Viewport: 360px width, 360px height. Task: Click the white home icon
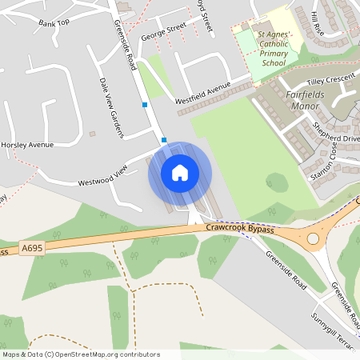coord(180,172)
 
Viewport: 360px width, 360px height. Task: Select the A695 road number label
coord(31,249)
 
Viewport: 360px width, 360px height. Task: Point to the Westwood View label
coord(102,176)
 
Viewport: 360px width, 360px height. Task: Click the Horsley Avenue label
coord(27,145)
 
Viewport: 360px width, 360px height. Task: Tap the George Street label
coord(163,31)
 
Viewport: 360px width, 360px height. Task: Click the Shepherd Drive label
coord(337,138)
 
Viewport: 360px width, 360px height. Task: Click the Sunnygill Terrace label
coord(336,331)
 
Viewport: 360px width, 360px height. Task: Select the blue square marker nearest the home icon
coord(164,140)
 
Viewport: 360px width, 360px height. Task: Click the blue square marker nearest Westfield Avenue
coord(145,104)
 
